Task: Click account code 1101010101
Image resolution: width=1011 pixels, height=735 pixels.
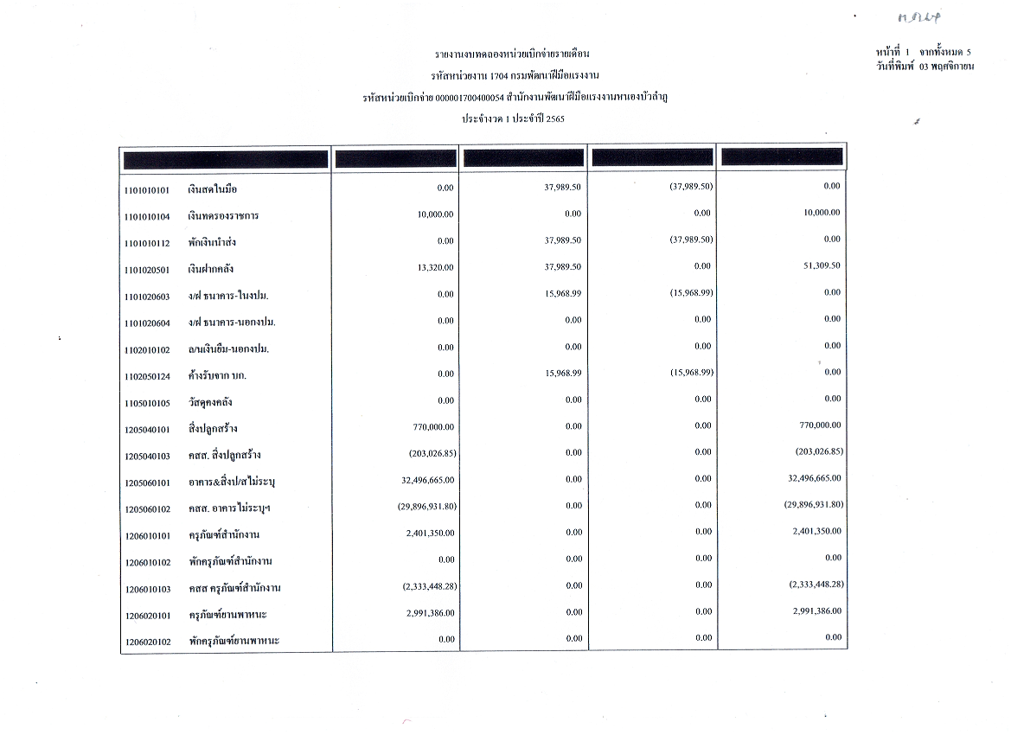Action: point(146,189)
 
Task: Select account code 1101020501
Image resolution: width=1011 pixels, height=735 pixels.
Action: point(146,270)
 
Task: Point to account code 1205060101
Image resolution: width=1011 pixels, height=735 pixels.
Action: point(146,483)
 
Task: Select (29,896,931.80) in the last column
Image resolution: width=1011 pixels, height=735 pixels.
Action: point(808,505)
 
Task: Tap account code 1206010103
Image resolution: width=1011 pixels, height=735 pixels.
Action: point(146,589)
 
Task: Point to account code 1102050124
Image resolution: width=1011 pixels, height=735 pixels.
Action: point(146,376)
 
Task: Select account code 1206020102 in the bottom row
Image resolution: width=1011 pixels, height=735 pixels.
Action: point(146,642)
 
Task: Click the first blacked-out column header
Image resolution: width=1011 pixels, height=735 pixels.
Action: point(226,159)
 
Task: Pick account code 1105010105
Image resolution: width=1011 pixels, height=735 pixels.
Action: point(146,403)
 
